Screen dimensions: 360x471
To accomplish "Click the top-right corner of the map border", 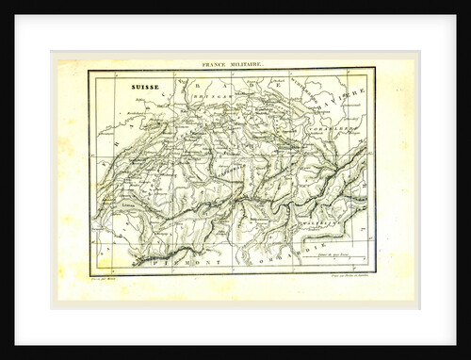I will tap(374, 69).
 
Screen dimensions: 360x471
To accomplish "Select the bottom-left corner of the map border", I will tap(90, 273).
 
